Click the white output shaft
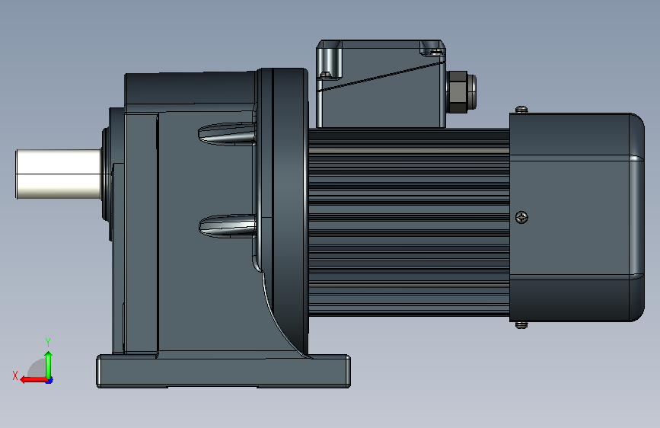click(58, 174)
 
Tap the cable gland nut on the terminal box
click(461, 92)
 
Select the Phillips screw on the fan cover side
click(521, 217)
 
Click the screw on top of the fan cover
click(521, 110)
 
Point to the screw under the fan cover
click(521, 324)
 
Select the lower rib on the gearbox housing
click(228, 225)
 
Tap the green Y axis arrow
click(49, 365)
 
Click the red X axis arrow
click(33, 380)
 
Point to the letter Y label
click(48, 342)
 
